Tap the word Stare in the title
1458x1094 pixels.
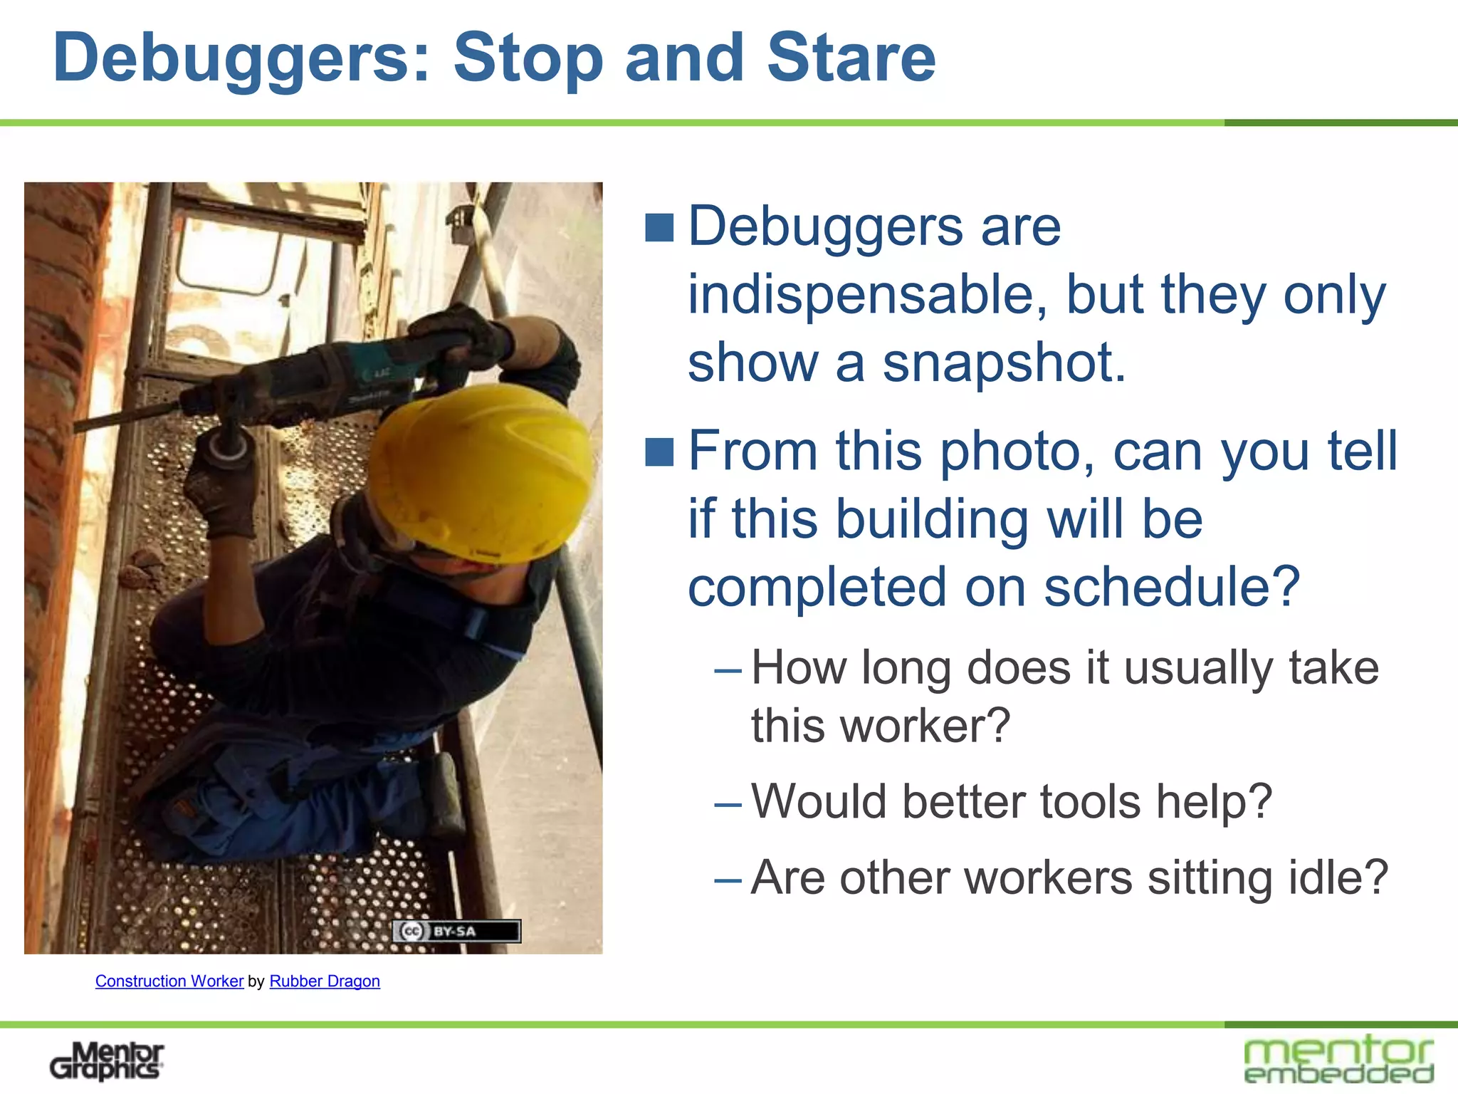pyautogui.click(x=851, y=58)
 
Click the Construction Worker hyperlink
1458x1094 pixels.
pyautogui.click(x=169, y=981)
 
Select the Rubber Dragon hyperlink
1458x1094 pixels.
pyautogui.click(x=325, y=981)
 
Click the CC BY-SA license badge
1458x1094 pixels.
pyautogui.click(x=456, y=931)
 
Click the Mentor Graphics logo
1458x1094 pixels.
pyautogui.click(x=107, y=1061)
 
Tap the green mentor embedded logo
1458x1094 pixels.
pyautogui.click(x=1338, y=1059)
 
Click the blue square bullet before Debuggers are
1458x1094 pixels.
pyautogui.click(x=659, y=228)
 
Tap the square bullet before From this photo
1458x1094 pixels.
pyautogui.click(x=659, y=452)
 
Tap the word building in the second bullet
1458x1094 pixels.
pyautogui.click(x=932, y=519)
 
